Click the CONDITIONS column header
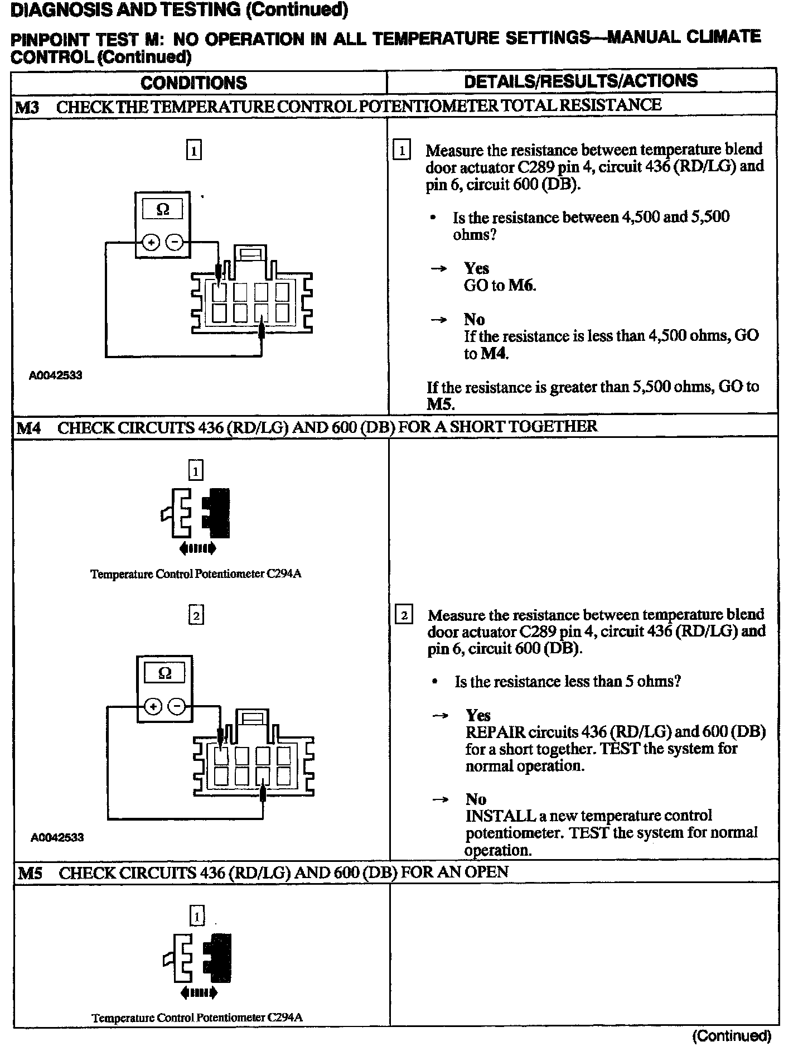[194, 83]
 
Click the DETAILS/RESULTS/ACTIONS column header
[581, 81]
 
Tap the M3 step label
[26, 107]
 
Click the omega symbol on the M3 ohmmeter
[162, 210]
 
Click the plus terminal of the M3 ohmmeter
[151, 243]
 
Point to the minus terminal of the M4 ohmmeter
[177, 706]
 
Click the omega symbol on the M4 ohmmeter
[165, 673]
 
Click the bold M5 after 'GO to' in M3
[438, 403]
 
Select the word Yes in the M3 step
[477, 268]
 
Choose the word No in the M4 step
[476, 799]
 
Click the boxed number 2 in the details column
[404, 615]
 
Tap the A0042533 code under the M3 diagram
[56, 375]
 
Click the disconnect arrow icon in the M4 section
[197, 549]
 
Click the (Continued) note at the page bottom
[732, 1036]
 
